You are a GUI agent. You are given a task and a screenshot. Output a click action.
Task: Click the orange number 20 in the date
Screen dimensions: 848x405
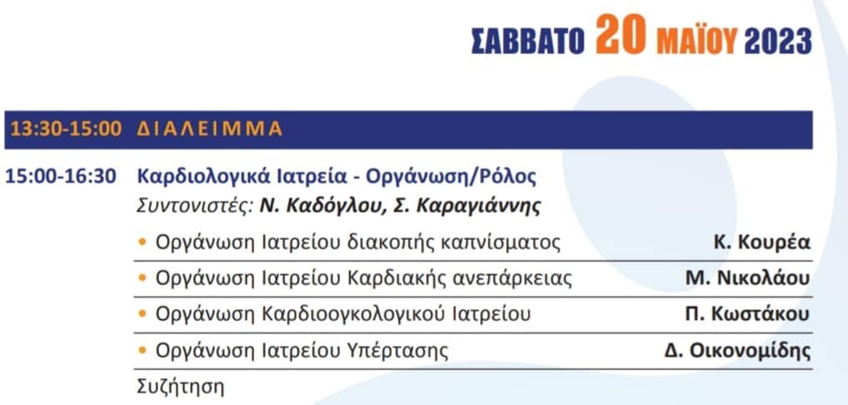620,35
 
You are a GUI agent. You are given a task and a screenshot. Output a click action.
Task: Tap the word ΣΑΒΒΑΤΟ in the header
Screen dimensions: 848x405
528,41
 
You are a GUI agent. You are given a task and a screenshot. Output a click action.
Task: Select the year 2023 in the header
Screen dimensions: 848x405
778,41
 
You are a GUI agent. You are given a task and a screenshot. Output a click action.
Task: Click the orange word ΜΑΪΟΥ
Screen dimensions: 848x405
697,40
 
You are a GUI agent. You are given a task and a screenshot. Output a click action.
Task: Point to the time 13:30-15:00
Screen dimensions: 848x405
67,129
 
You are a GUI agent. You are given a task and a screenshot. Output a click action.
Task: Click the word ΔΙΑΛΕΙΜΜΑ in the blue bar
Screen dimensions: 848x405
210,129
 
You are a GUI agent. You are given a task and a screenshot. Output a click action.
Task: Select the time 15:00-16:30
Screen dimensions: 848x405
61,177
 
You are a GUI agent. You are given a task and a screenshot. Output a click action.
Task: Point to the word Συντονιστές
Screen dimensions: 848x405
194,207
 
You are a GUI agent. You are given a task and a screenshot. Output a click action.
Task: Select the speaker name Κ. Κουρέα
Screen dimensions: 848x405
762,242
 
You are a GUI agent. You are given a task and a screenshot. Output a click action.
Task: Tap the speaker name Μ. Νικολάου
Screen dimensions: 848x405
747,279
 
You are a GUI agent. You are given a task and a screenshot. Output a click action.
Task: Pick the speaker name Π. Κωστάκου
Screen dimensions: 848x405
747,315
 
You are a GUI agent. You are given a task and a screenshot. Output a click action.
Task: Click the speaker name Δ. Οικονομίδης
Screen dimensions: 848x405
738,352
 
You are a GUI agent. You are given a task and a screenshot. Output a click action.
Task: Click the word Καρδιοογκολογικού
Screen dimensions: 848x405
354,315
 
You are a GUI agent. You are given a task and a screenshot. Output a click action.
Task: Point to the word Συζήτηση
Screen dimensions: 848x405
179,387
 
